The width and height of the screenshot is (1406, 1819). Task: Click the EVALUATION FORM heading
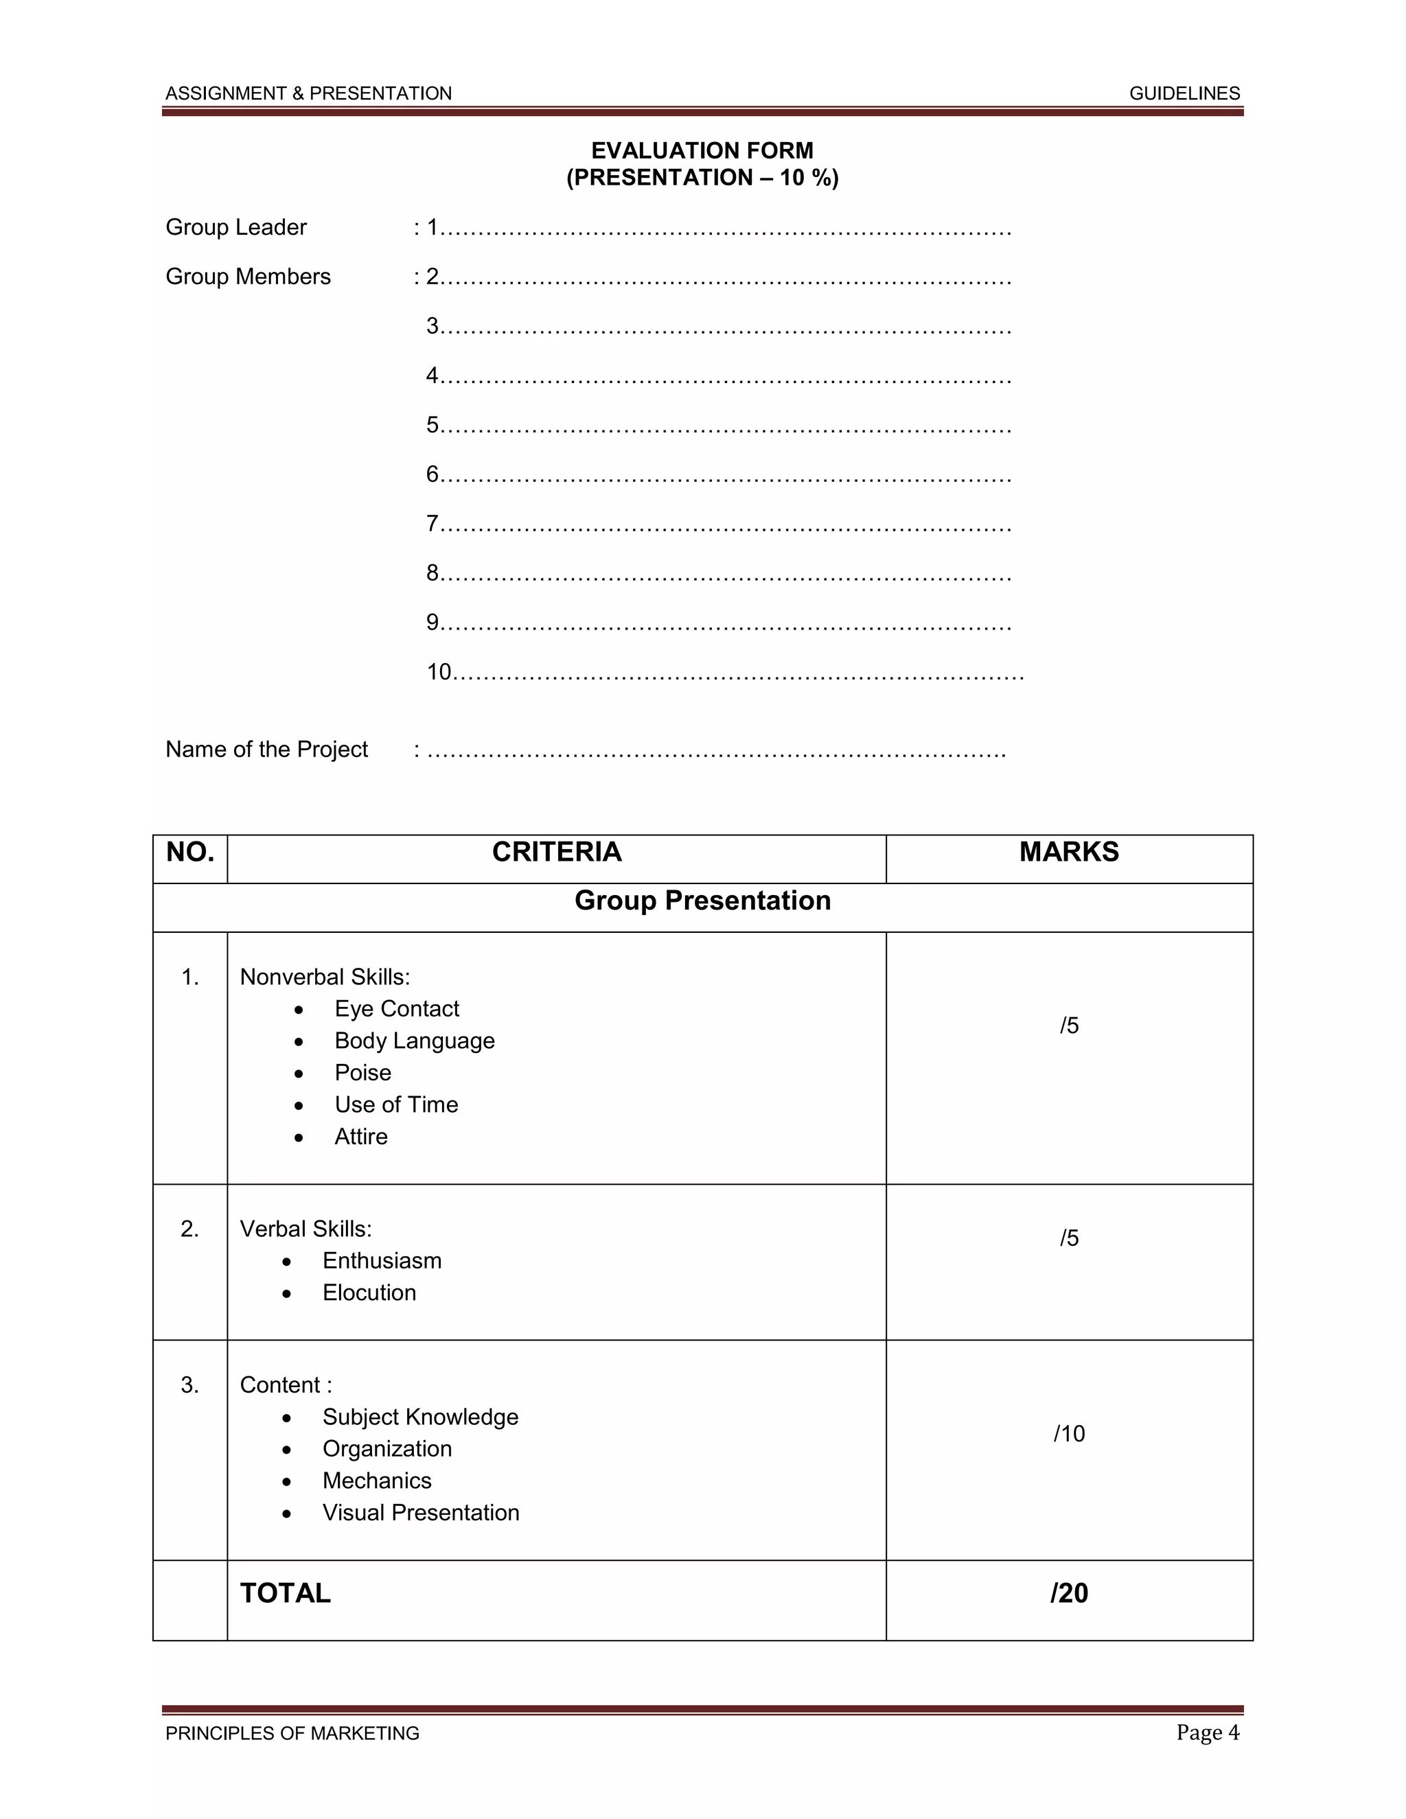click(702, 151)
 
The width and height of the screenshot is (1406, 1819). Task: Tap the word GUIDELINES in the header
click(1184, 93)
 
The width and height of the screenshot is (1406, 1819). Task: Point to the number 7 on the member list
click(433, 523)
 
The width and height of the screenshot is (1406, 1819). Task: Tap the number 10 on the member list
click(439, 671)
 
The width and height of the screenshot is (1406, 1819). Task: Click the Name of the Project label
click(266, 750)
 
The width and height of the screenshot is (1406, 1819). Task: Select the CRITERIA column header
click(556, 852)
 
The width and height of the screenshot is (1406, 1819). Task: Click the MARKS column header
click(1069, 852)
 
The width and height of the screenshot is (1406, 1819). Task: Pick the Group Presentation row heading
click(702, 901)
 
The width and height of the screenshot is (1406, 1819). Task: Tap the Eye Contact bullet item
click(397, 1008)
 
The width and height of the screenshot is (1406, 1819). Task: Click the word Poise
click(362, 1073)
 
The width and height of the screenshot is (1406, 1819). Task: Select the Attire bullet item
click(360, 1137)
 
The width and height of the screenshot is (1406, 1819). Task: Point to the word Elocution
click(369, 1293)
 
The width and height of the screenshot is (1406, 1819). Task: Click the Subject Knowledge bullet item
click(419, 1417)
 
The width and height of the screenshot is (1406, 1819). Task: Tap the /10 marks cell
click(1069, 1433)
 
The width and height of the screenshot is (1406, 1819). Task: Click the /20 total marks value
click(1069, 1593)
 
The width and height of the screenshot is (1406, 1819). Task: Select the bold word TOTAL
click(285, 1593)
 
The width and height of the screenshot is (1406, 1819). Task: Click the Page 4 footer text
click(1207, 1733)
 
